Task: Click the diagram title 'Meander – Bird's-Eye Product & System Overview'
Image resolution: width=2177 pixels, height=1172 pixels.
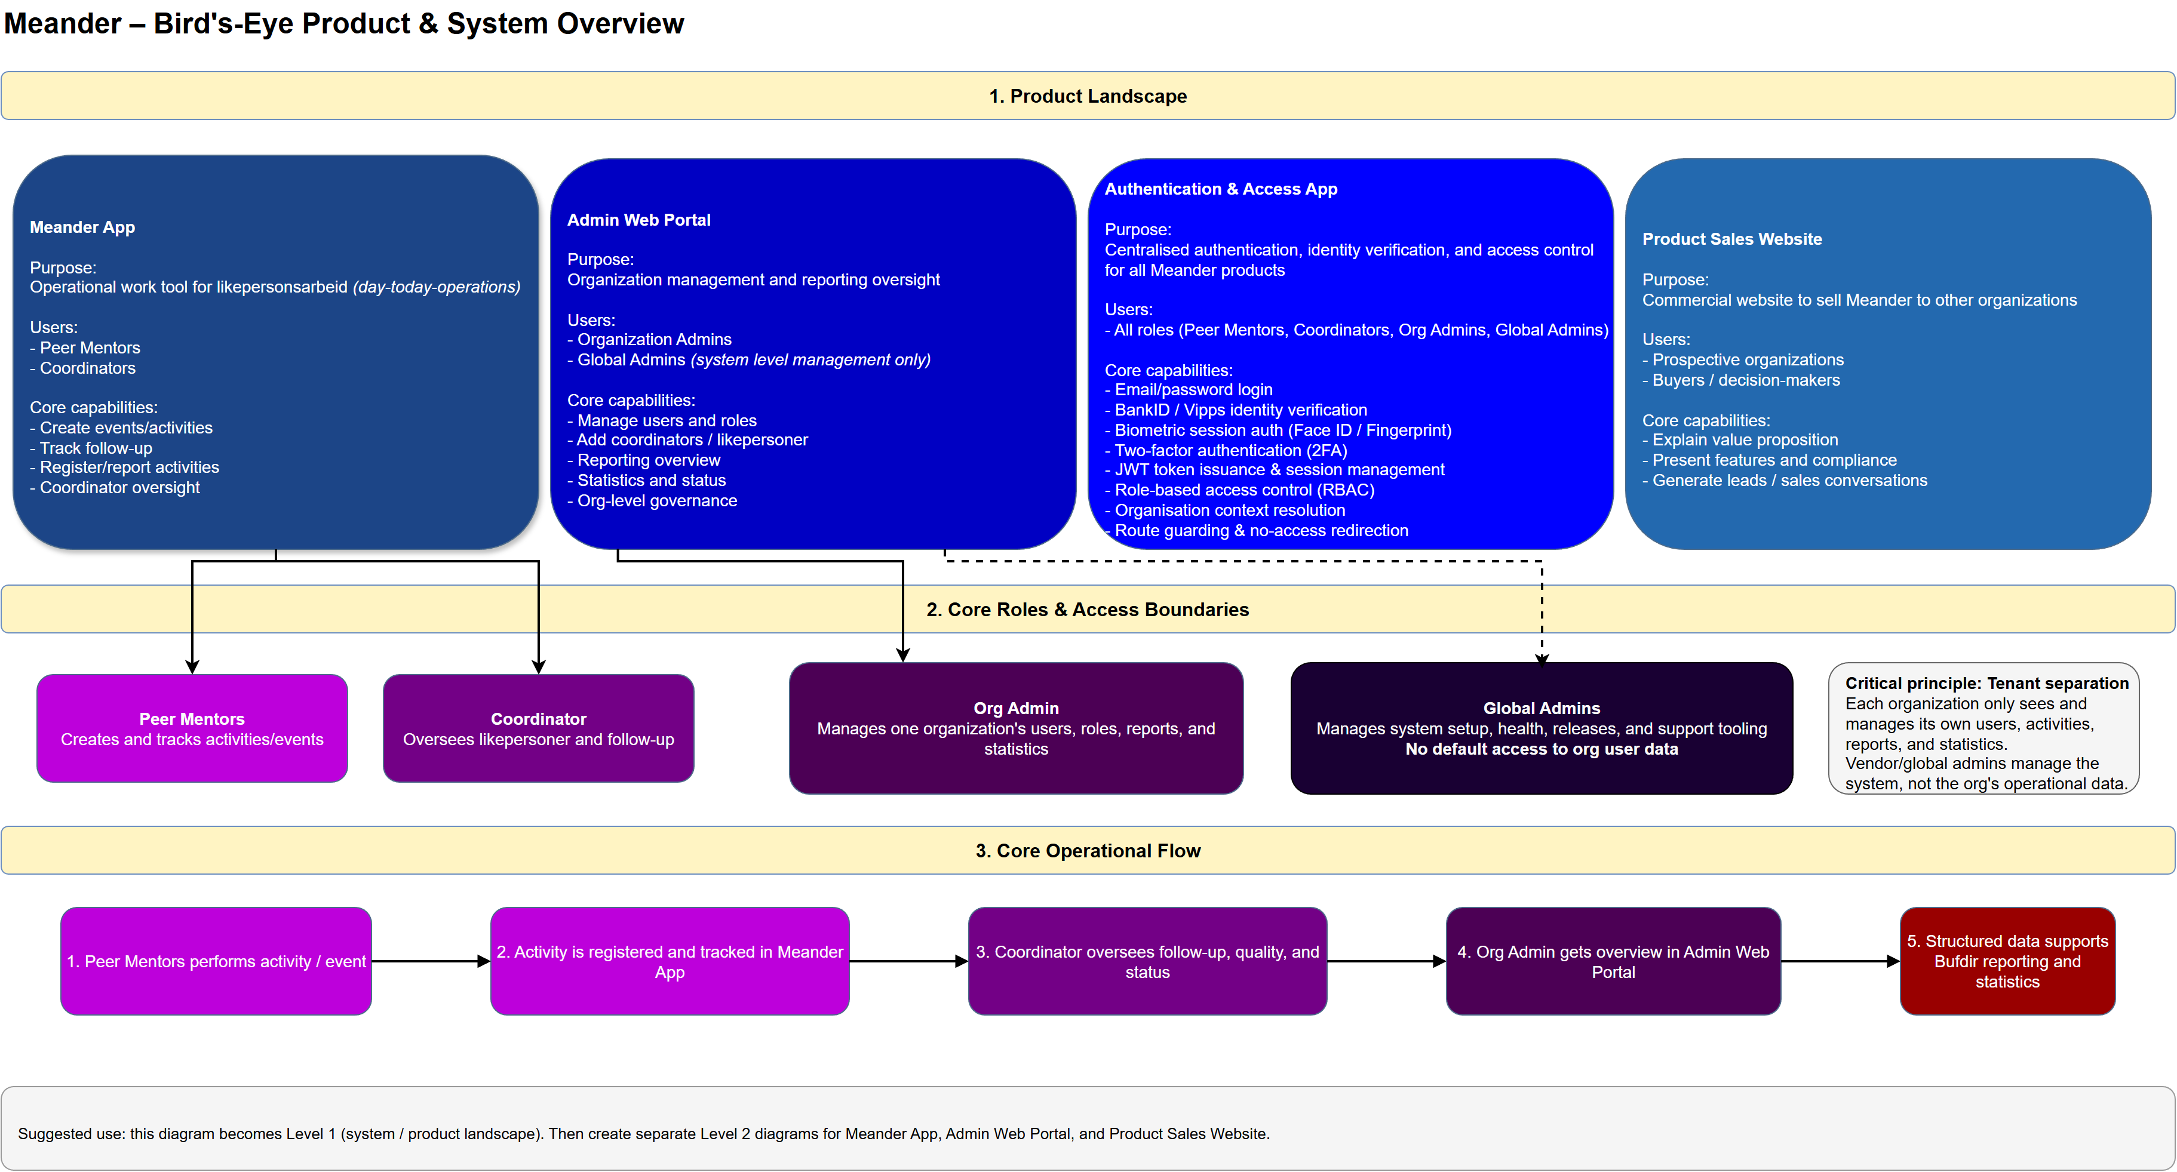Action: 343,24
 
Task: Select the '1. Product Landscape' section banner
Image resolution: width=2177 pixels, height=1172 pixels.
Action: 1087,96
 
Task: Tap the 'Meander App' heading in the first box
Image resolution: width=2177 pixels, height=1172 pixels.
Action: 82,227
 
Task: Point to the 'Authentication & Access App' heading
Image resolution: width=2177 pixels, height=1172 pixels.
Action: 1220,189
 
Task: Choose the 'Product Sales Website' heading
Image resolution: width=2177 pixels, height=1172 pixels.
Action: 1731,239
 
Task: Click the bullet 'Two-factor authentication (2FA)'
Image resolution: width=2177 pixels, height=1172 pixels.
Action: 1230,450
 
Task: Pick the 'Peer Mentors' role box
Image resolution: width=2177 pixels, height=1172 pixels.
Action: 192,728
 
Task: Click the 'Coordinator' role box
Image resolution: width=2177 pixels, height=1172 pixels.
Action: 538,728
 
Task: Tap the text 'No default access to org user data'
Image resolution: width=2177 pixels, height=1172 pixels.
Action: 1541,749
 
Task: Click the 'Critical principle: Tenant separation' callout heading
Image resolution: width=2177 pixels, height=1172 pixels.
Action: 1986,684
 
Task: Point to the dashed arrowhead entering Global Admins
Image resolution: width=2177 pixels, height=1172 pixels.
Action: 1542,659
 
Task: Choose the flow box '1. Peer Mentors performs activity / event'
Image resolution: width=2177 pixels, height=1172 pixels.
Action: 216,962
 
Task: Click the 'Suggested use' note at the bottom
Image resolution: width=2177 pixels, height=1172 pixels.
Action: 642,1134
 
